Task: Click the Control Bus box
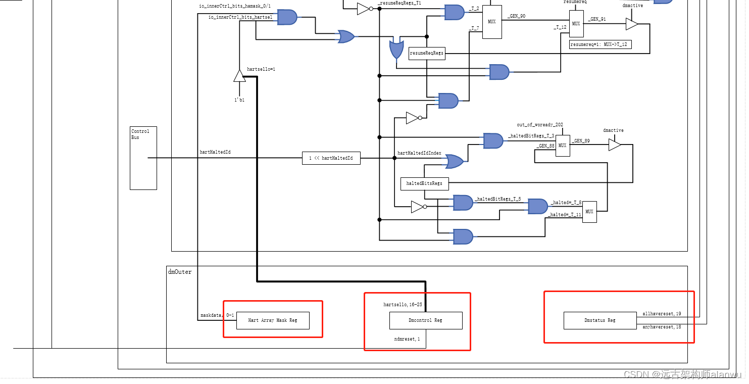pos(143,158)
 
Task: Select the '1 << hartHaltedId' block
pos(331,158)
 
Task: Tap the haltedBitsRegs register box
pos(424,183)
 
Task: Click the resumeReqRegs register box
pos(427,53)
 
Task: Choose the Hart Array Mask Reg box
pos(273,320)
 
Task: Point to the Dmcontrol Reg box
pos(426,320)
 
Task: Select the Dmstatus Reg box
pos(600,320)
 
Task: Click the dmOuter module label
pos(180,272)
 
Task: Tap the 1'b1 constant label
pos(239,100)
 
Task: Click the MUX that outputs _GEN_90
pos(492,22)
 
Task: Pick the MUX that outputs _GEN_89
pos(563,146)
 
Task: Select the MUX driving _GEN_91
pos(576,24)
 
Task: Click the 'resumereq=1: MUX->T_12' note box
pos(600,44)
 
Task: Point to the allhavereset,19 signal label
pos(662,314)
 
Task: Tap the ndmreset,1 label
pos(407,339)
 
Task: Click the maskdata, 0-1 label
pos(217,315)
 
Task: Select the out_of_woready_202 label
pos(539,125)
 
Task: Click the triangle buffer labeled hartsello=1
pos(239,76)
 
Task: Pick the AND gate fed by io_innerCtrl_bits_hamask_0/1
pos(287,17)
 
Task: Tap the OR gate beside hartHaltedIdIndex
pos(453,161)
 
